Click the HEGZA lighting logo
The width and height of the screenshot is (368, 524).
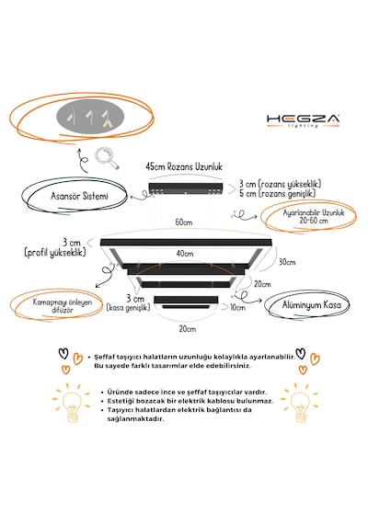coord(303,120)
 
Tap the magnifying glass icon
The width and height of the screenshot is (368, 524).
coord(107,158)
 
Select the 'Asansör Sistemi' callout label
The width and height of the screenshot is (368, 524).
coord(79,196)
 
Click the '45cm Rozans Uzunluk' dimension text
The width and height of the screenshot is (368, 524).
coord(184,166)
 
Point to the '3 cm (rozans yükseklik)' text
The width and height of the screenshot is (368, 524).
coord(280,184)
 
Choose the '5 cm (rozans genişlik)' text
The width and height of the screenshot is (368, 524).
coord(277,193)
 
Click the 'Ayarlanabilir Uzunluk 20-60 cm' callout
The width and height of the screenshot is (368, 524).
coord(314,217)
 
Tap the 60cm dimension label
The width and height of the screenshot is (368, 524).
coord(184,222)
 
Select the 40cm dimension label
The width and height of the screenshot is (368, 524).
coord(185,254)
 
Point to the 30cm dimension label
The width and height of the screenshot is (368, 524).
coord(287,262)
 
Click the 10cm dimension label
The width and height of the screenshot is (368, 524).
coord(237,307)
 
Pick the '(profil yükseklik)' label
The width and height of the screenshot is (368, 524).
coord(55,252)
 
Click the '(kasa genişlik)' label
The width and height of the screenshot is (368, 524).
coord(128,308)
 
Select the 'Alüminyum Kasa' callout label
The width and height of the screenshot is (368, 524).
coord(312,305)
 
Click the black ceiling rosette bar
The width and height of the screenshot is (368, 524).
coord(186,188)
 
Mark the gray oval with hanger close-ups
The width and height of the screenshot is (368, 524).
coord(90,118)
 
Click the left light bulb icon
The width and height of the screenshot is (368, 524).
coord(71,403)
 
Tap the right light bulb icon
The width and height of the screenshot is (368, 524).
coord(299,403)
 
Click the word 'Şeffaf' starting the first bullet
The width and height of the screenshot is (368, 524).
coord(103,357)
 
